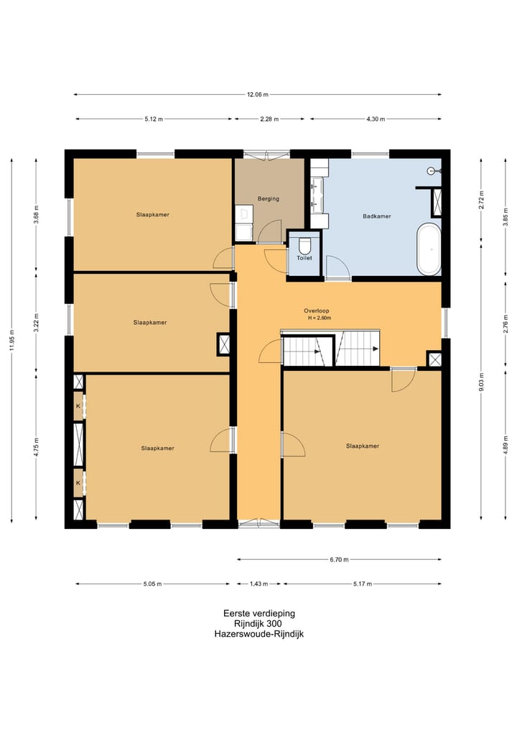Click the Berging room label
point(269,198)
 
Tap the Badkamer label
point(376,216)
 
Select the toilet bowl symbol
point(304,244)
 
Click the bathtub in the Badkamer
point(429,249)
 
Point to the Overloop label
point(316,311)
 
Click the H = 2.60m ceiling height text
point(319,318)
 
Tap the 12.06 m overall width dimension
point(258,95)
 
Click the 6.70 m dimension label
point(339,559)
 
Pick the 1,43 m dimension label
point(259,584)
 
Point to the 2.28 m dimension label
point(269,119)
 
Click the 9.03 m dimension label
point(481,382)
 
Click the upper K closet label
point(78,406)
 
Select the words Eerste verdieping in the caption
point(259,614)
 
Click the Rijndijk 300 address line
point(258,624)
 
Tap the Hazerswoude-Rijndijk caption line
point(259,634)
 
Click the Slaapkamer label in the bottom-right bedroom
point(363,446)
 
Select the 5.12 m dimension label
point(154,119)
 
